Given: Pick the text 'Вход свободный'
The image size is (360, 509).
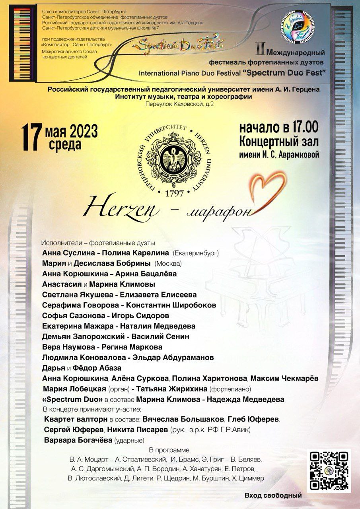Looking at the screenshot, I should tap(273, 495).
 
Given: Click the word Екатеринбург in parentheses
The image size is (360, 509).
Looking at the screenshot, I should tap(196, 253).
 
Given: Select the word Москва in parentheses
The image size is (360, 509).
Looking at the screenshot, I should tap(168, 263).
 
